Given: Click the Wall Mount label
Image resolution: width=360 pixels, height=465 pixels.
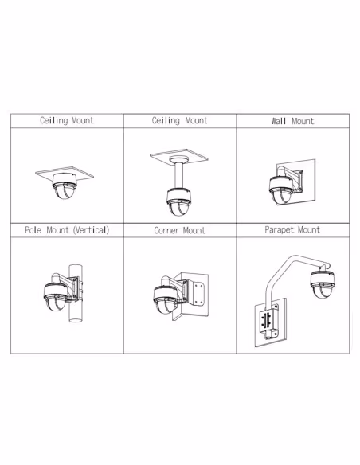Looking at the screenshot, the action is [292, 121].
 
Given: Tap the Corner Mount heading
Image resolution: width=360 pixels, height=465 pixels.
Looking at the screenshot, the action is [180, 230].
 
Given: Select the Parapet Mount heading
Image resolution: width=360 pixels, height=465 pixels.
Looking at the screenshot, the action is [292, 229].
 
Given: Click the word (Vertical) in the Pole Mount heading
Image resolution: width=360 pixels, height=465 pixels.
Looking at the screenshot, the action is [92, 230].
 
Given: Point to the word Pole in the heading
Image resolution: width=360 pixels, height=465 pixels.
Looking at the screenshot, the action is [33, 230].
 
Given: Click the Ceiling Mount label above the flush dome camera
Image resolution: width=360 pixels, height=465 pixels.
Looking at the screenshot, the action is [67, 120].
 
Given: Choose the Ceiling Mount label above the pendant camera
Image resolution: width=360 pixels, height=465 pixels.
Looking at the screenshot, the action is [180, 120].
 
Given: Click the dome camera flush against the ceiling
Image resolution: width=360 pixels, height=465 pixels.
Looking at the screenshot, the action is [65, 186].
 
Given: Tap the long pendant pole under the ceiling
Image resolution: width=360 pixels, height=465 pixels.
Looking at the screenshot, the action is [179, 175].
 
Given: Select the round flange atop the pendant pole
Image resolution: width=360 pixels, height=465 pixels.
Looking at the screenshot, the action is [179, 159].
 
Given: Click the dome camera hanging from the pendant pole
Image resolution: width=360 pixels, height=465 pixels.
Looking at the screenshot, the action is [178, 202].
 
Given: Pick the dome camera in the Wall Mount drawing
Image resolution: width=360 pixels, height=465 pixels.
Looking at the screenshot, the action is [281, 190].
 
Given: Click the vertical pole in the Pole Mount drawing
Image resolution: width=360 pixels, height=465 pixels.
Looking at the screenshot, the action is [76, 293].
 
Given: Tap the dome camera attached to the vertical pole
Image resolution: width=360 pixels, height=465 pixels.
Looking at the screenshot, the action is [56, 297].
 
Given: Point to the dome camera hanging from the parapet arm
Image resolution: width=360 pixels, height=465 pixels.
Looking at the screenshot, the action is [323, 283].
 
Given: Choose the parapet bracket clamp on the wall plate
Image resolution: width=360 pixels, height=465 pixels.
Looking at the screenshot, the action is [269, 322].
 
